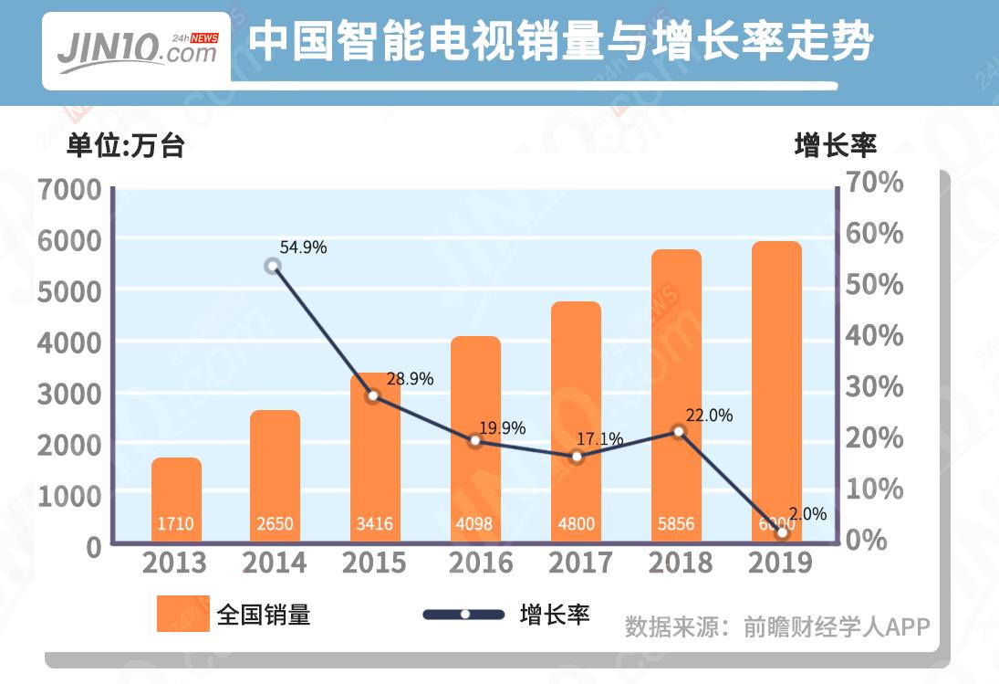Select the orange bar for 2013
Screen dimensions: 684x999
click(176, 500)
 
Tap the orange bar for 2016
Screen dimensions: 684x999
click(475, 439)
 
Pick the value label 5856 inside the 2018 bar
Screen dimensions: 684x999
click(676, 524)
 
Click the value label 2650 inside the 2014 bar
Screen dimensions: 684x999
click(275, 524)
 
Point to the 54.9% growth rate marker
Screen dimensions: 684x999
click(272, 267)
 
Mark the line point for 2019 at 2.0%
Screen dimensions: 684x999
click(782, 532)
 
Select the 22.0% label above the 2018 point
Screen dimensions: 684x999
click(708, 416)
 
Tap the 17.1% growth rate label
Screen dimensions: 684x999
click(599, 439)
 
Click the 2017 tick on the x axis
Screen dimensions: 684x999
click(576, 563)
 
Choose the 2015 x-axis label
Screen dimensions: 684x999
click(374, 563)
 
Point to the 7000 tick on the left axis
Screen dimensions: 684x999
click(69, 191)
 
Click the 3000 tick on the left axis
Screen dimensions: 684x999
click(69, 395)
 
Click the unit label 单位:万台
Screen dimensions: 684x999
click(125, 146)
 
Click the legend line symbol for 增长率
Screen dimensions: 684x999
click(464, 615)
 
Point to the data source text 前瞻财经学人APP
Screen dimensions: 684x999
click(837, 626)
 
